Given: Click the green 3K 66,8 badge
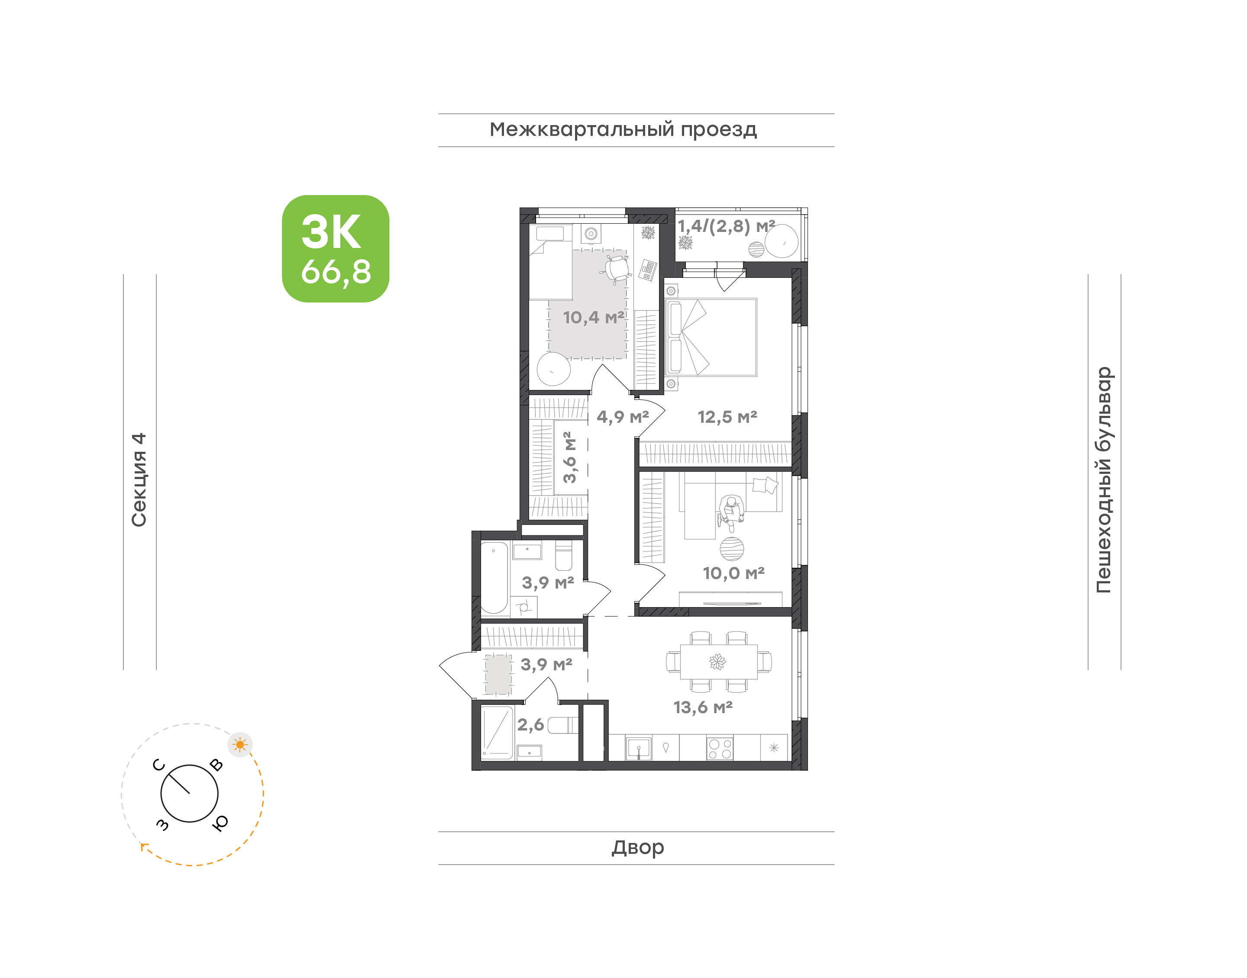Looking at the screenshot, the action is (335, 248).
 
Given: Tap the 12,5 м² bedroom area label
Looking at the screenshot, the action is (727, 417).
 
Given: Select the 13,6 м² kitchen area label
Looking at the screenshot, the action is (703, 707).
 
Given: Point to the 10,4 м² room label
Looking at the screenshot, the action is (594, 317).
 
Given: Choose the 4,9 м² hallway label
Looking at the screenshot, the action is (623, 417).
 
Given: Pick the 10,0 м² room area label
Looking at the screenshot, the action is (734, 573).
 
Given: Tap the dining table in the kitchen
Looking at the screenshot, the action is (718, 662).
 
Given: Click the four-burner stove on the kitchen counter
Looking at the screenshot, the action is (720, 748).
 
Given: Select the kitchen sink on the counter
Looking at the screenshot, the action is (639, 748).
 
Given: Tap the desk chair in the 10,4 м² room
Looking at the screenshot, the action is (617, 269).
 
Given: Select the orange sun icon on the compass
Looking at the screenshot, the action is (240, 745).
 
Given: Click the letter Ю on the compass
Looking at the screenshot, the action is (220, 823).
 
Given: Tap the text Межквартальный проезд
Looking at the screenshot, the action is (623, 130).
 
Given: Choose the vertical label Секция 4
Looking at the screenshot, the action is (139, 480).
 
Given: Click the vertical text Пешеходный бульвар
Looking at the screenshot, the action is (1104, 480).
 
